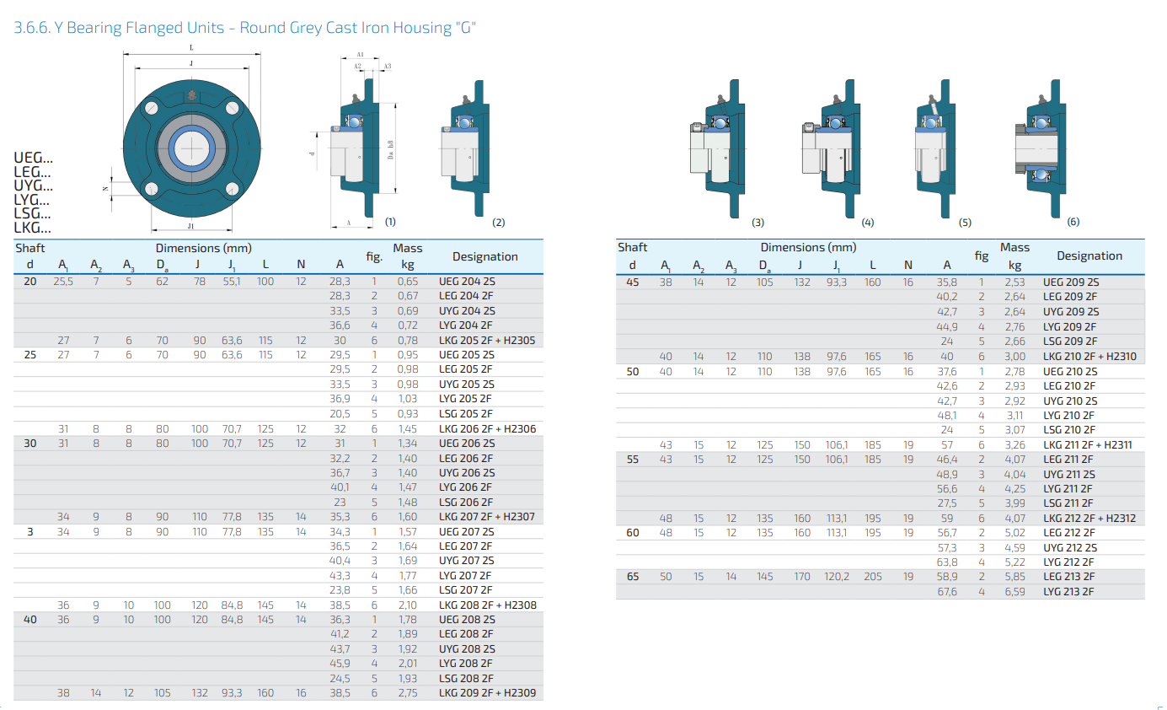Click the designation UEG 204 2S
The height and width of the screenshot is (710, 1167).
[467, 282]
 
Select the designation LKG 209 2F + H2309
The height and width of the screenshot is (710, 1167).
[487, 693]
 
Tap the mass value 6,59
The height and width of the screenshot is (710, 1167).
[1014, 592]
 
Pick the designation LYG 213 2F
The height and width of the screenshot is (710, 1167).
[1068, 592]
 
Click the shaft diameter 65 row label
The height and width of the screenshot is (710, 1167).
[633, 577]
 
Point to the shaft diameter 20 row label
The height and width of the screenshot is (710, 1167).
[30, 282]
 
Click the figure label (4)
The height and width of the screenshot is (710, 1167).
[867, 223]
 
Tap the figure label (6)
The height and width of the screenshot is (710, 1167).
[1073, 222]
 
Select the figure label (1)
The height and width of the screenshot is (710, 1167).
[390, 222]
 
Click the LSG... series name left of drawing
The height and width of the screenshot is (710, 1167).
[32, 213]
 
